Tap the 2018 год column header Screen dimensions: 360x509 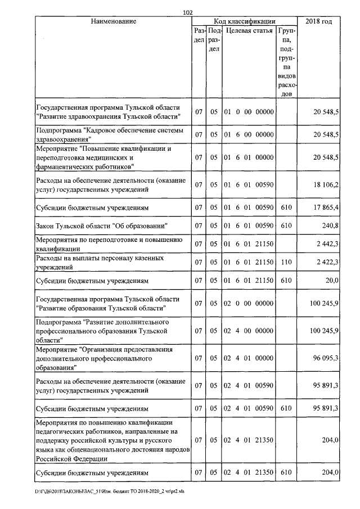(x=318, y=21)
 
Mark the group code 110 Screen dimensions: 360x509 (x=286, y=262)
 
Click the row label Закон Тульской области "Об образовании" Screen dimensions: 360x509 (x=102, y=226)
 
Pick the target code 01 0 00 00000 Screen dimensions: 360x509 (x=249, y=112)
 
